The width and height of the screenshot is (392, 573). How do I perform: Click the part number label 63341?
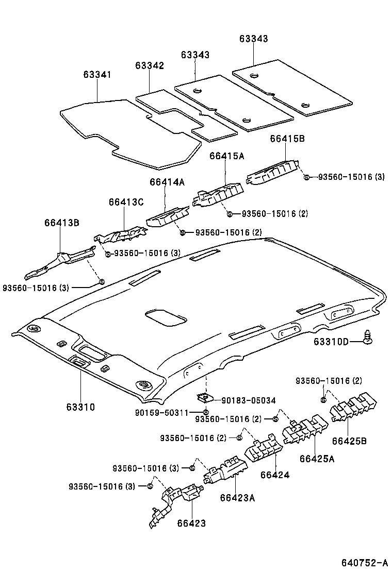(x=97, y=75)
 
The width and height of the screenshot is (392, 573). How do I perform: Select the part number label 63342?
(x=150, y=65)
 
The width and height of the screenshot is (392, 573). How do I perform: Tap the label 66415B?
(x=287, y=139)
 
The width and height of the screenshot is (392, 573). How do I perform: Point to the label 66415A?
(x=226, y=155)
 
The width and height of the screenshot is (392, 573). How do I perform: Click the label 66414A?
(x=167, y=182)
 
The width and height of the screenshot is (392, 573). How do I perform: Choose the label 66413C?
(x=125, y=202)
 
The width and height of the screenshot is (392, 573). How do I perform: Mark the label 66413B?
(x=61, y=223)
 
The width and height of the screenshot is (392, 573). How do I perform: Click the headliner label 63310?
(x=80, y=407)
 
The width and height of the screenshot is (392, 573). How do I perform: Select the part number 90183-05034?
(x=248, y=400)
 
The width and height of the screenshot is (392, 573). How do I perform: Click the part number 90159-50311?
(x=161, y=412)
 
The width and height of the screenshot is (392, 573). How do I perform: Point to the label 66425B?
(x=350, y=441)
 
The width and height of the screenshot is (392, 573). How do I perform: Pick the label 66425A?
(x=317, y=458)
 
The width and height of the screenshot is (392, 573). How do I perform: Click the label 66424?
(x=275, y=475)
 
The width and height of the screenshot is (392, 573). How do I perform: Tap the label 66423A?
(x=237, y=497)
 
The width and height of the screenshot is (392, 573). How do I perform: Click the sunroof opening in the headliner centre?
(x=166, y=317)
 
